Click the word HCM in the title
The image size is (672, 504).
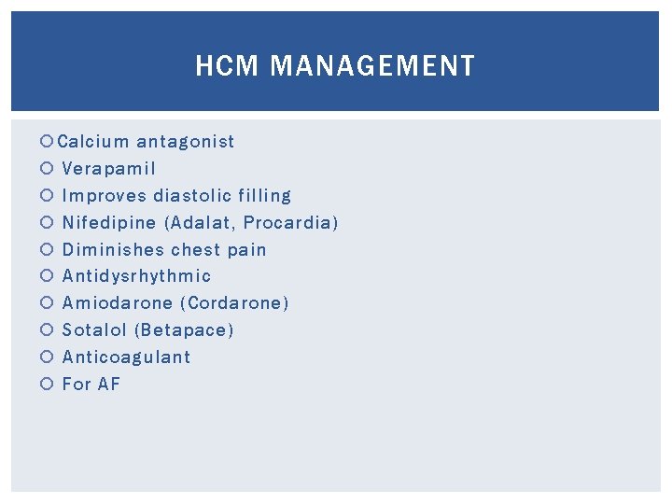[221, 66]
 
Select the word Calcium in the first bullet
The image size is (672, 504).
[93, 142]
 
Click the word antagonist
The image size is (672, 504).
[186, 142]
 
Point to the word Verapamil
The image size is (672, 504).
[109, 169]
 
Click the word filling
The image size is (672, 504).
[264, 196]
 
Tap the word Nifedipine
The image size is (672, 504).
[108, 223]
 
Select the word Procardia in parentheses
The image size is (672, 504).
[288, 223]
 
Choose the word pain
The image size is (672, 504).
[246, 250]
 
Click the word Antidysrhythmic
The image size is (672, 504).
[136, 276]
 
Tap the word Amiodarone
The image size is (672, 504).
[117, 303]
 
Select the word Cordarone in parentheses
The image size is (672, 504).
[235, 303]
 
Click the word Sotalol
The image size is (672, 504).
[94, 330]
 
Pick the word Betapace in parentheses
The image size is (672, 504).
[185, 330]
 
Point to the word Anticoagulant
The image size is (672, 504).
[126, 357]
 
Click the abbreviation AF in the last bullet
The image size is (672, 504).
[108, 385]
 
